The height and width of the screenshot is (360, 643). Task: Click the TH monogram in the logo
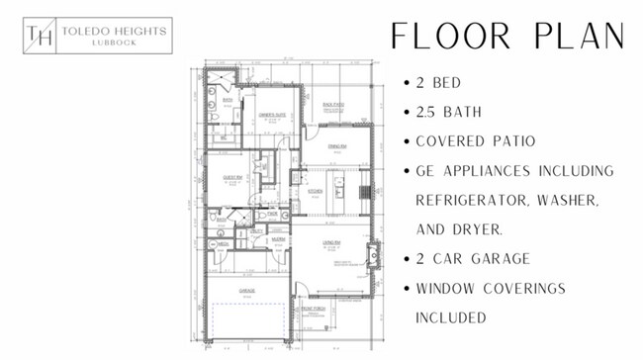coord(41,37)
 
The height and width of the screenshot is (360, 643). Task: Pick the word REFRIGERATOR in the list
coord(478,200)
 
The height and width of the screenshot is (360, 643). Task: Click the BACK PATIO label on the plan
coord(332,105)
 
